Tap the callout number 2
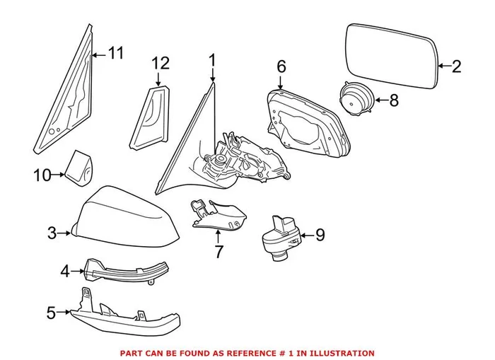(x=455, y=67)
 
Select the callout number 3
(x=52, y=232)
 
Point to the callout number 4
(x=64, y=270)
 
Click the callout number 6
(x=281, y=66)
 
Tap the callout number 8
(x=393, y=100)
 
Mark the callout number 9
(x=319, y=234)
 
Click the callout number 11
(x=115, y=52)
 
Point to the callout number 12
(x=161, y=63)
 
